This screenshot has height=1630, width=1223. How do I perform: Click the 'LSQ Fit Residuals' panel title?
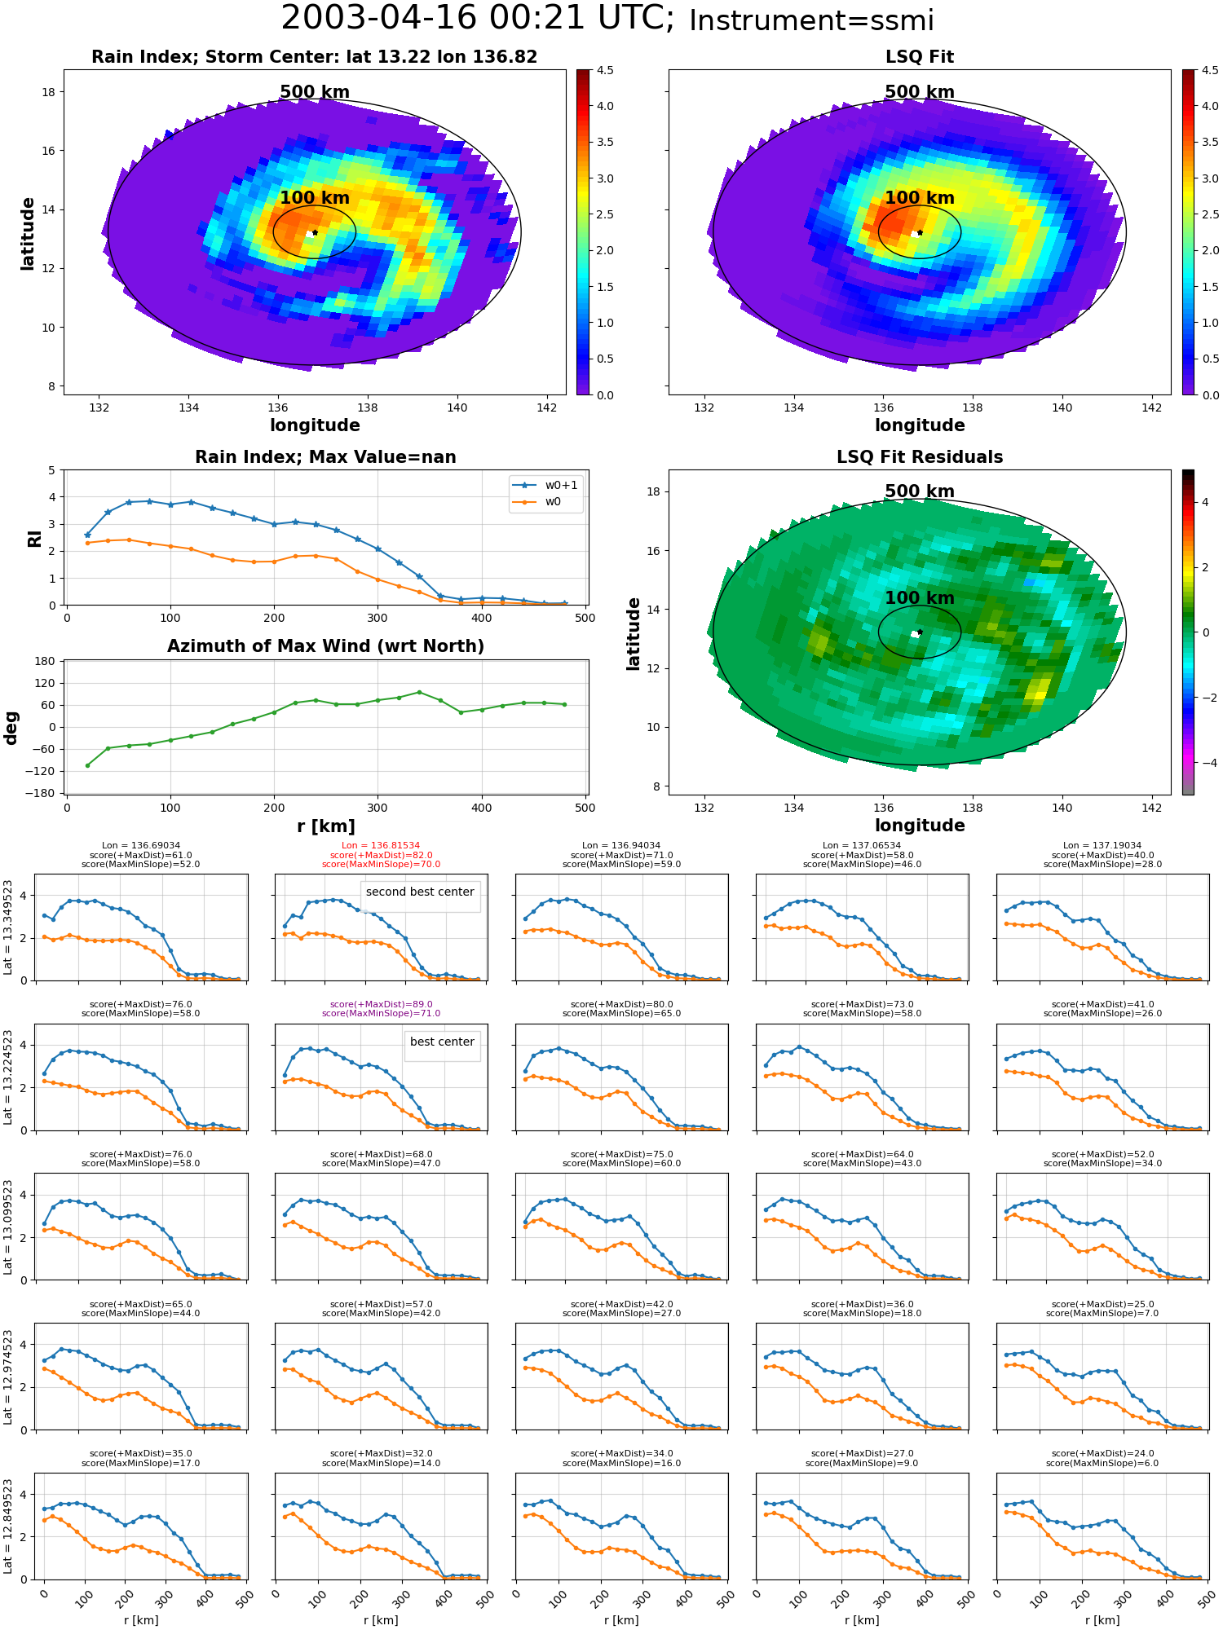pyautogui.click(x=920, y=457)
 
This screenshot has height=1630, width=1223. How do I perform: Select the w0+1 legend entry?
pyautogui.click(x=546, y=485)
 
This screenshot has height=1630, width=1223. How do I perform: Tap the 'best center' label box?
pyautogui.click(x=442, y=1042)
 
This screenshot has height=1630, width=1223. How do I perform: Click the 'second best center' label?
pyautogui.click(x=420, y=892)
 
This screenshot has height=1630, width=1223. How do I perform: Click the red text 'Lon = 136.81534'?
pyautogui.click(x=381, y=846)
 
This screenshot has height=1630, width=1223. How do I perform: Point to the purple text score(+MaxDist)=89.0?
pyautogui.click(x=381, y=1005)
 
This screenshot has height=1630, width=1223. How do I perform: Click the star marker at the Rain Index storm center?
pyautogui.click(x=315, y=232)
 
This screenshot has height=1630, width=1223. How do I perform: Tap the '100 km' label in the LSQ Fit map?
pyautogui.click(x=920, y=198)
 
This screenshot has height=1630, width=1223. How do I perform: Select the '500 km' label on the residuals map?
pyautogui.click(x=920, y=491)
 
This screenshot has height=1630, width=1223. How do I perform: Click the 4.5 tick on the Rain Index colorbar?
pyautogui.click(x=605, y=70)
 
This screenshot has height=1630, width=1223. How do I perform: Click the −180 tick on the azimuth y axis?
pyautogui.click(x=41, y=793)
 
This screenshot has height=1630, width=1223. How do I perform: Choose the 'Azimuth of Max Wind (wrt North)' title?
pyautogui.click(x=325, y=646)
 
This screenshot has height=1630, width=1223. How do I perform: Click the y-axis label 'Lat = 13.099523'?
pyautogui.click(x=8, y=1227)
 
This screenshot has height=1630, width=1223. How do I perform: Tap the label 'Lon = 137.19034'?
pyautogui.click(x=1102, y=846)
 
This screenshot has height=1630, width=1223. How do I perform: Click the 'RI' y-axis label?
pyautogui.click(x=34, y=539)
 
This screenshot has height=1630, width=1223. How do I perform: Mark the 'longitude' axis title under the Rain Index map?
pyautogui.click(x=315, y=425)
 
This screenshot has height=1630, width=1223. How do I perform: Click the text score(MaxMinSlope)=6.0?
pyautogui.click(x=1102, y=1464)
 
